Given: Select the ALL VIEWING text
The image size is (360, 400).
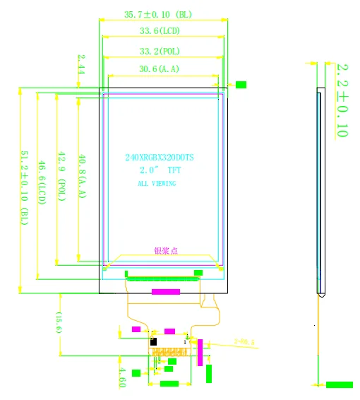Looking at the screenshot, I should click(157, 184).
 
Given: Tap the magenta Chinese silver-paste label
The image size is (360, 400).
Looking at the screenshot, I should click(167, 250).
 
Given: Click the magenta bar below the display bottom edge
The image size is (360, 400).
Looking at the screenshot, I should click(166, 291).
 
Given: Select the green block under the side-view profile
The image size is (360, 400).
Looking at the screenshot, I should click(339, 384).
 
